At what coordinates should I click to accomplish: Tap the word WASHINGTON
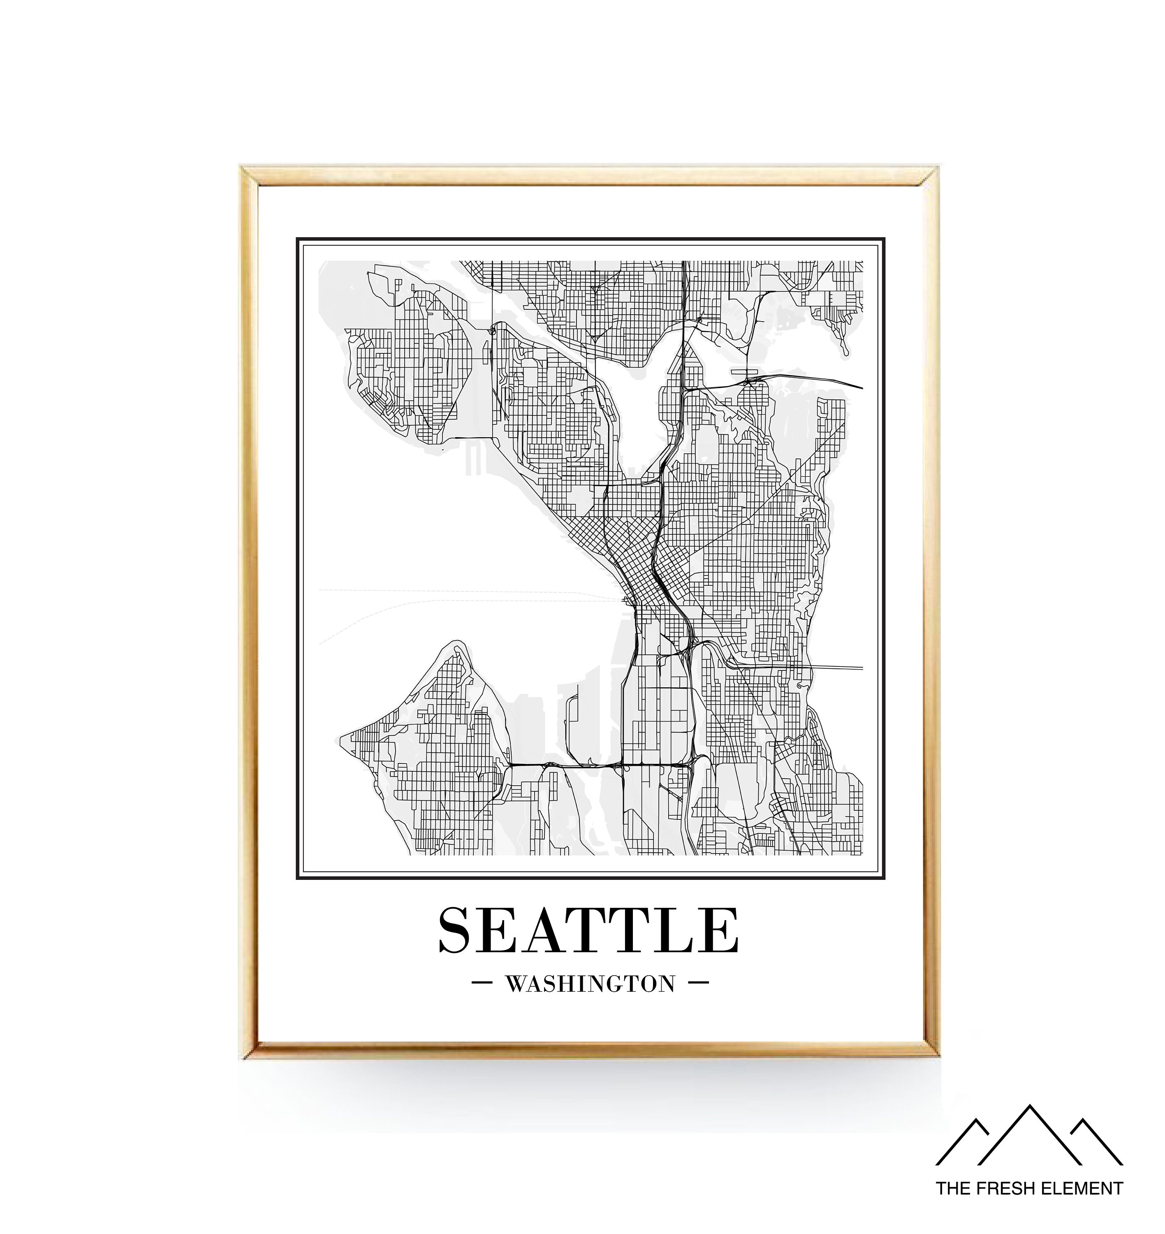point(590,984)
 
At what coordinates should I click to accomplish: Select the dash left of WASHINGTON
point(482,983)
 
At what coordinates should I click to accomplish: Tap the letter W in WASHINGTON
point(516,984)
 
